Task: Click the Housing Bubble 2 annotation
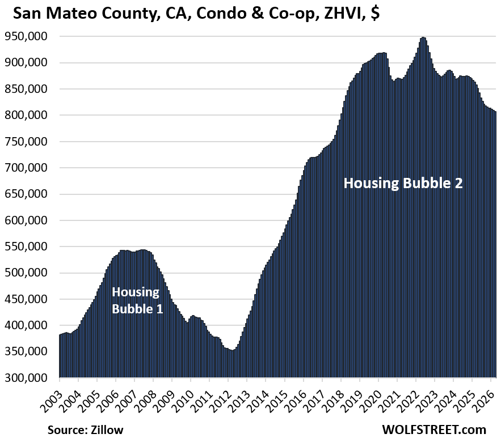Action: coord(403,183)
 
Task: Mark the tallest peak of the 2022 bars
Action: coord(423,38)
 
